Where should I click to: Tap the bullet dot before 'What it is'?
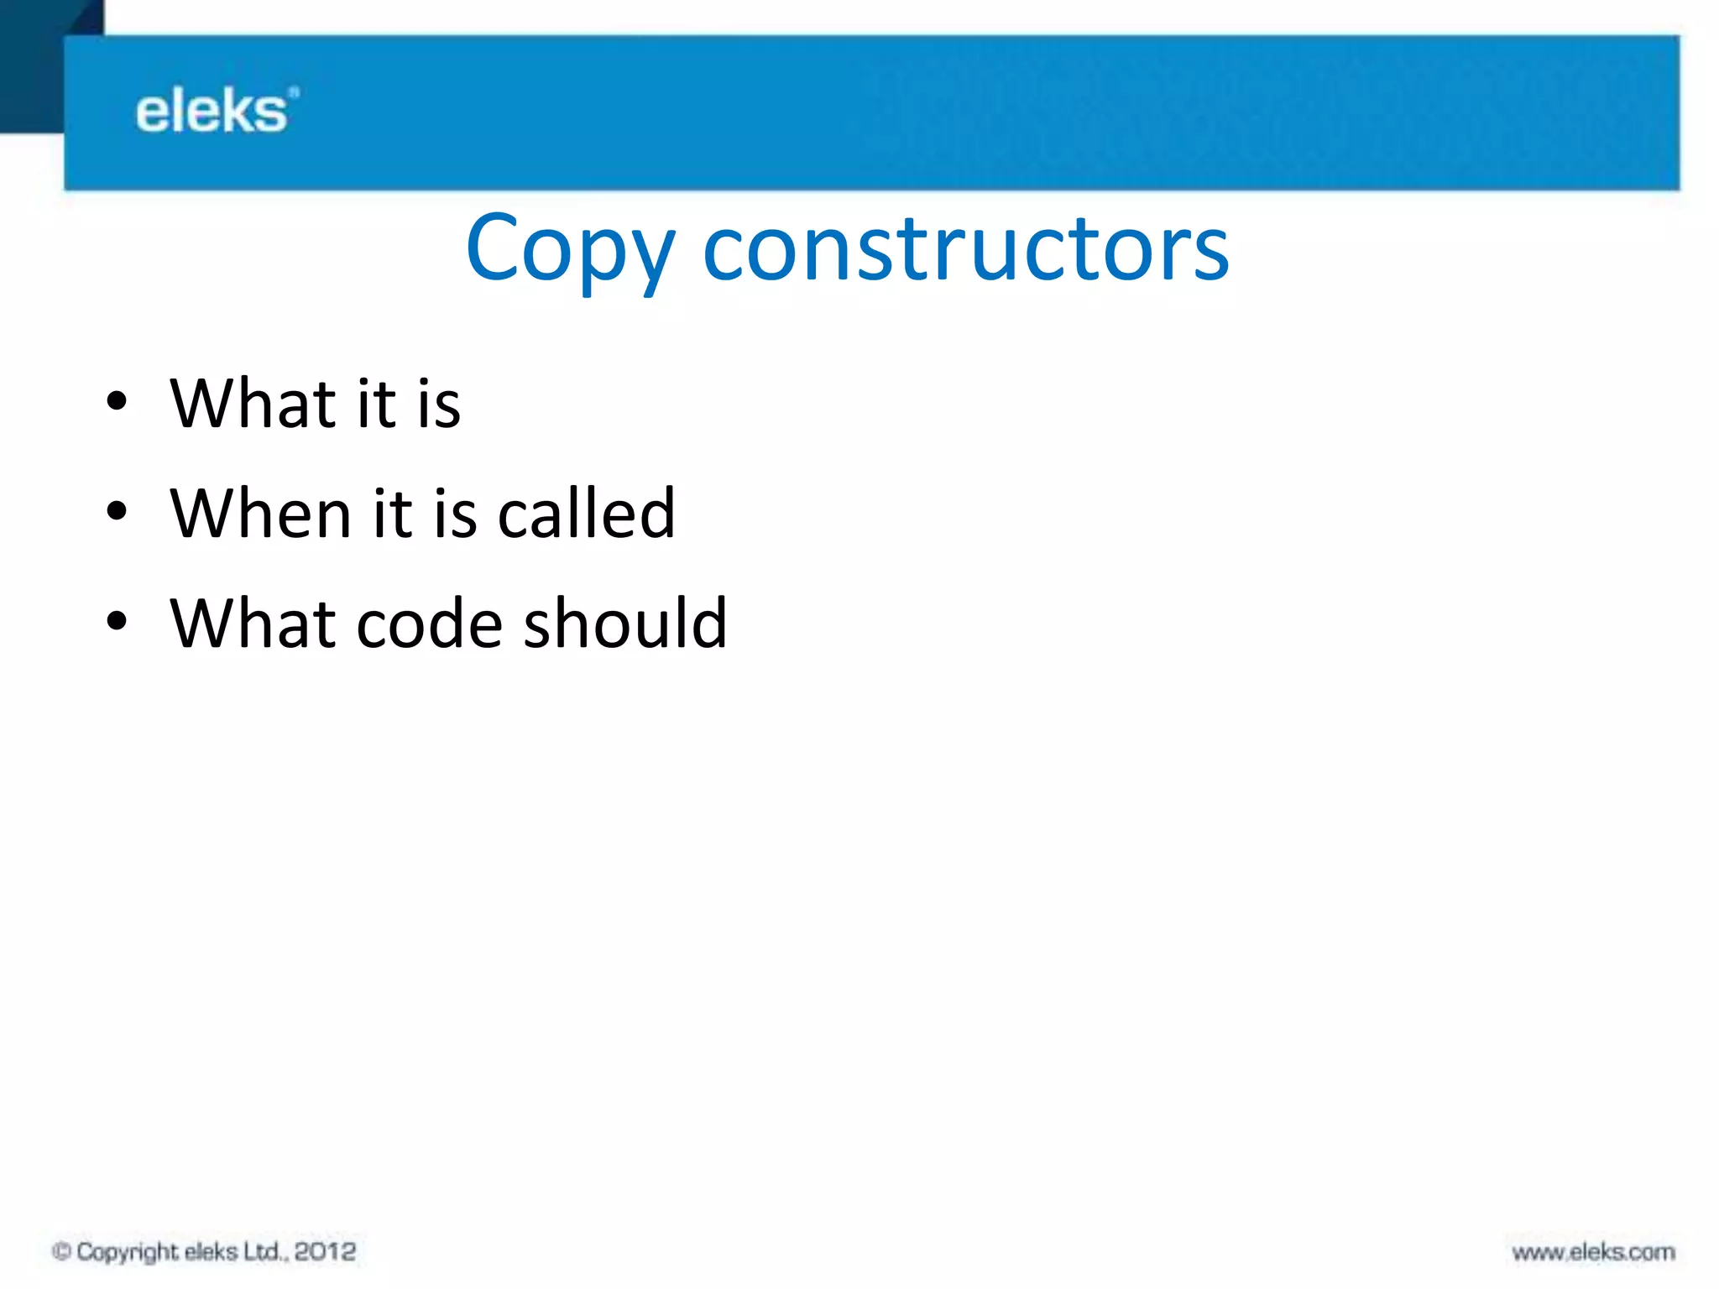pos(117,401)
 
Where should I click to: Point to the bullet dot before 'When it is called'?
pos(117,511)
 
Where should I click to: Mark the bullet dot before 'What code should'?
pos(117,621)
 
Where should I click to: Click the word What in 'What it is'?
pos(253,404)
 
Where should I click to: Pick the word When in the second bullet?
pos(260,514)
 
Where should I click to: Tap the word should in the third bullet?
pos(624,624)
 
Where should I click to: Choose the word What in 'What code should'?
pos(253,624)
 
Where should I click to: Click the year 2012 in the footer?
pos(325,1251)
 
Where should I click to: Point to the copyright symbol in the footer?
pos(60,1251)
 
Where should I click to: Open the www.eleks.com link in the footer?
pos(1593,1252)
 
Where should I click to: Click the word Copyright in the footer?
pos(127,1252)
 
